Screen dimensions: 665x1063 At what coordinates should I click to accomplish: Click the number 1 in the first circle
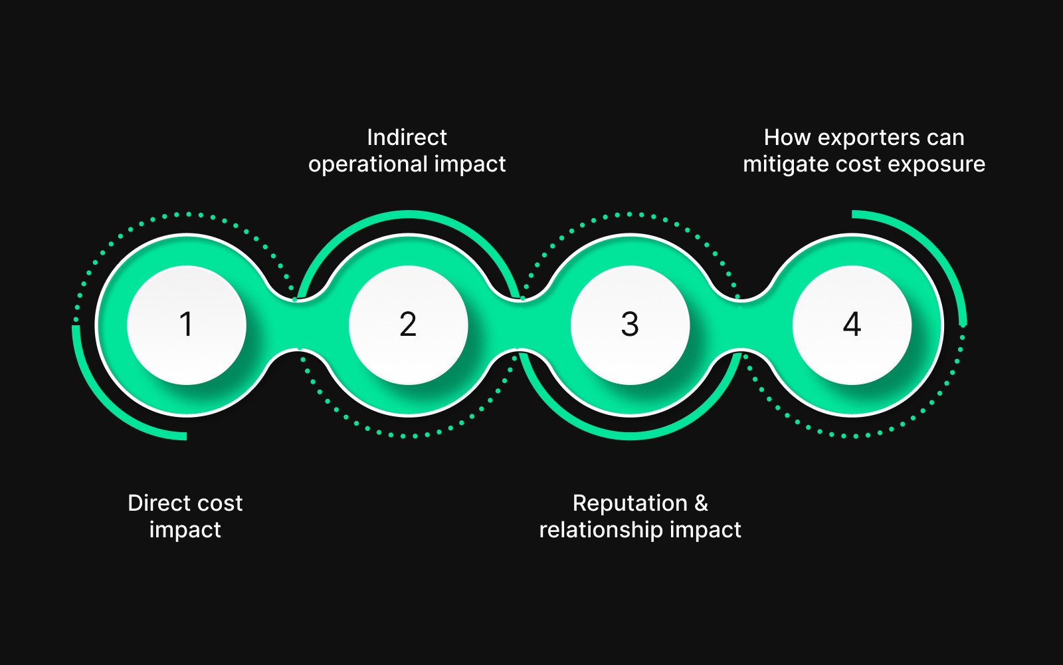tap(186, 325)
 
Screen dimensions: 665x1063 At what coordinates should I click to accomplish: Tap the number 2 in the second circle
tap(408, 325)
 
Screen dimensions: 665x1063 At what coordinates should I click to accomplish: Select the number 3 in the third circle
tap(630, 325)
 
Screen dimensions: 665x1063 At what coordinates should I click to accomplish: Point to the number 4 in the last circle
tap(852, 325)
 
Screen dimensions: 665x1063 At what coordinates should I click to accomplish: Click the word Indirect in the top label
tap(407, 138)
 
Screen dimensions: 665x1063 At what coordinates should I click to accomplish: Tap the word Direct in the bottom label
tap(157, 503)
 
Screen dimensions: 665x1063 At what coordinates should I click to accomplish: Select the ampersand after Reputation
tap(701, 503)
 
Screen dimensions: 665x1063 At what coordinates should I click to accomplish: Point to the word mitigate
tap(786, 165)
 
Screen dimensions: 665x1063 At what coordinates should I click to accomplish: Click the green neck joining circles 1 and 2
tap(297, 325)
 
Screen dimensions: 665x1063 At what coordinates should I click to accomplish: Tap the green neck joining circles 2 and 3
tap(519, 325)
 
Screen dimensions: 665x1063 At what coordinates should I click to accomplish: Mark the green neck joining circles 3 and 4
tap(741, 325)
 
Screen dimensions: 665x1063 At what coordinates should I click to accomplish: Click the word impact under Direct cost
tap(185, 531)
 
